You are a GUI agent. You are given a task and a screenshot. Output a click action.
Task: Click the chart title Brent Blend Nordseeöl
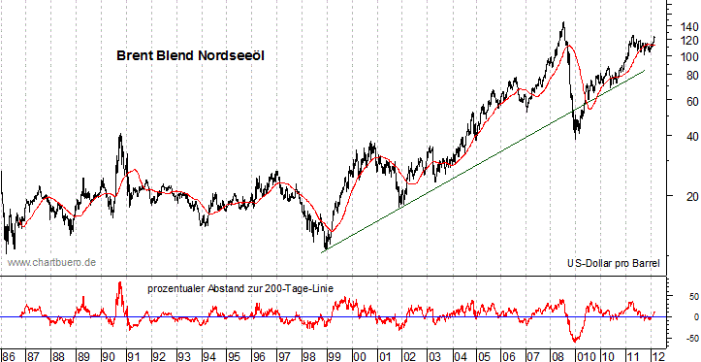coord(190,56)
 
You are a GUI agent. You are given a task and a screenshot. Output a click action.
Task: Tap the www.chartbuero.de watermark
coord(51,262)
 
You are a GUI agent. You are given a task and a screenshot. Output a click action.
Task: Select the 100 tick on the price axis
coord(676,56)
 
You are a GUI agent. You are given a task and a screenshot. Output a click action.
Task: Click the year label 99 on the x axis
coord(334,354)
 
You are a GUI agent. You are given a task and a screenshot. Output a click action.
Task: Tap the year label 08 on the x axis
coord(559,354)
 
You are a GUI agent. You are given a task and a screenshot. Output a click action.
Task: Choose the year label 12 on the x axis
coord(659,354)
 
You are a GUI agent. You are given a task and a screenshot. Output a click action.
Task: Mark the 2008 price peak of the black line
coord(563,22)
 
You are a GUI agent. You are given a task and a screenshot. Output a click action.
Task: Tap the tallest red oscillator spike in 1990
coord(119,282)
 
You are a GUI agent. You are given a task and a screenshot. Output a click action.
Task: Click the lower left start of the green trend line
coord(324,250)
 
